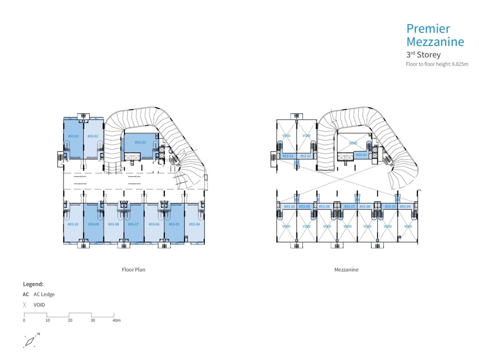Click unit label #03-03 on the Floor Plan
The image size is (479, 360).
pyautogui.click(x=140, y=143)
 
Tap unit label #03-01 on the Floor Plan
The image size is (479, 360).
pyautogui.click(x=73, y=136)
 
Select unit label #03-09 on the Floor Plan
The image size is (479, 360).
pyautogui.click(x=94, y=224)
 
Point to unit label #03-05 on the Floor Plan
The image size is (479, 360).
pyautogui.click(x=174, y=224)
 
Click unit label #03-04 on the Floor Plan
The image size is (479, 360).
pyautogui.click(x=194, y=224)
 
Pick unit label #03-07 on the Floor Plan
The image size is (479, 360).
pyautogui.click(x=133, y=224)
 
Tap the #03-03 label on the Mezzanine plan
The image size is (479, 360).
pyautogui.click(x=361, y=155)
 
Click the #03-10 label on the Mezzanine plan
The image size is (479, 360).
pyautogui.click(x=289, y=206)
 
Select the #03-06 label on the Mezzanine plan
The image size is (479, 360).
pyautogui.click(x=365, y=206)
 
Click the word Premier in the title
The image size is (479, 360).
pyautogui.click(x=428, y=29)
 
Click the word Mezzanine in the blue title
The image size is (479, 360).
pyautogui.click(x=435, y=42)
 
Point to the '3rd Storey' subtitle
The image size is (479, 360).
pyautogui.click(x=423, y=54)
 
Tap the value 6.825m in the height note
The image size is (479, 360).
pyautogui.click(x=460, y=64)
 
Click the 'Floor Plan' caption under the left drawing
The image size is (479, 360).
pyautogui.click(x=133, y=269)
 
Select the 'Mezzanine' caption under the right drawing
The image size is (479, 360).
pyautogui.click(x=346, y=269)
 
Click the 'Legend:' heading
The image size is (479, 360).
pyautogui.click(x=33, y=284)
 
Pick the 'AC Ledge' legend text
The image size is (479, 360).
pyautogui.click(x=44, y=294)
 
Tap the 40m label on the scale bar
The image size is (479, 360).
pyautogui.click(x=116, y=320)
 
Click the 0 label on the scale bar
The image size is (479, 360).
pyautogui.click(x=24, y=320)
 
